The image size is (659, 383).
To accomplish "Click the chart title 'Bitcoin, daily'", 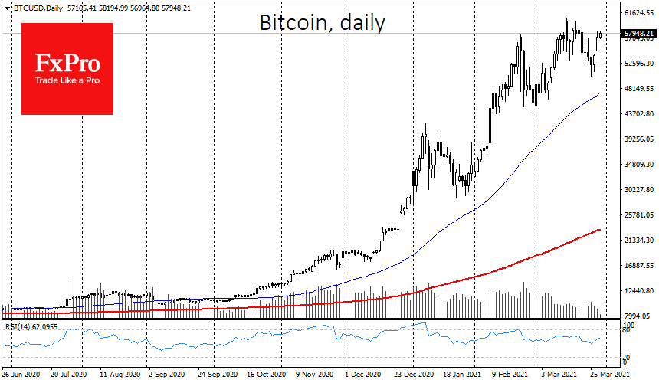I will click(x=323, y=24).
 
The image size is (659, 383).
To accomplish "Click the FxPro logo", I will click(x=67, y=68).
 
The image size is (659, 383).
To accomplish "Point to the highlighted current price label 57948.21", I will click(x=638, y=34).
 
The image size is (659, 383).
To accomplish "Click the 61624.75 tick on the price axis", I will click(x=639, y=13).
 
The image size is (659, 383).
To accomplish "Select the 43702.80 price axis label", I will click(x=639, y=114).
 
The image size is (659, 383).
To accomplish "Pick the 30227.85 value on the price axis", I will click(x=639, y=190).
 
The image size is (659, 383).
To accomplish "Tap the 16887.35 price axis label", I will click(x=639, y=266).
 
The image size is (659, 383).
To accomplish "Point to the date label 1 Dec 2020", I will click(x=363, y=375).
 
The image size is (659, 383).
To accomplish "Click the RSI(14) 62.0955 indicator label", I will click(x=31, y=326).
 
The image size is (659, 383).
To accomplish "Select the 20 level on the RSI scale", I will click(x=626, y=358).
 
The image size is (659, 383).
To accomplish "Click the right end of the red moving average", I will click(x=599, y=229).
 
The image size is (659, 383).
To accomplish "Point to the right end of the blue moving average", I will click(x=599, y=93).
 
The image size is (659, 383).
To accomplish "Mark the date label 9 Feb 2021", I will click(x=511, y=375).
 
